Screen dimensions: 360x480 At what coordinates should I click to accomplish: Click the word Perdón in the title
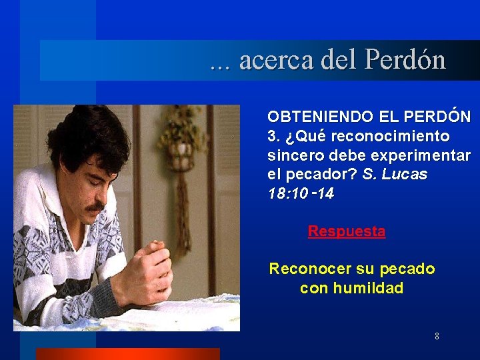click(405, 61)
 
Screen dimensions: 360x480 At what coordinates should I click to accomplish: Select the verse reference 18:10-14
click(301, 193)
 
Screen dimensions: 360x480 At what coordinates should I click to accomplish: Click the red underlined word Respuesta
click(347, 231)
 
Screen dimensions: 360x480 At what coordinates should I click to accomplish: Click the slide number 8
click(437, 336)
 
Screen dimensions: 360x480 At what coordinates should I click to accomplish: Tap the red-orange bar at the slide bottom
click(127, 353)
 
